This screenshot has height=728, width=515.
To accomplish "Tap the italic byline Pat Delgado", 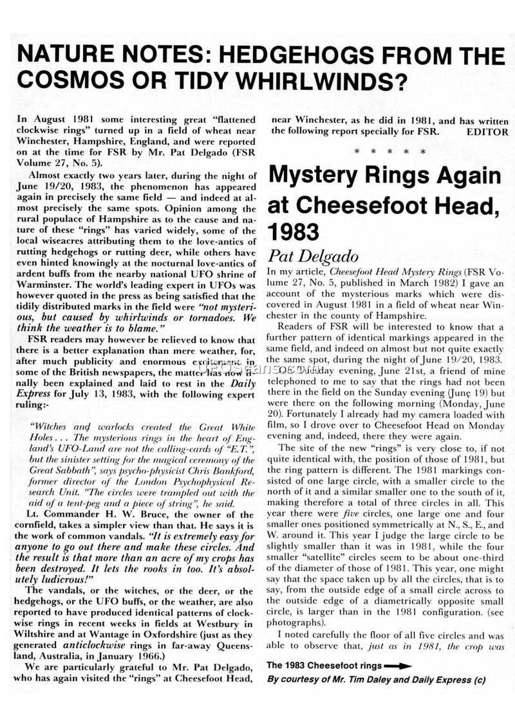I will point(313,257).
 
